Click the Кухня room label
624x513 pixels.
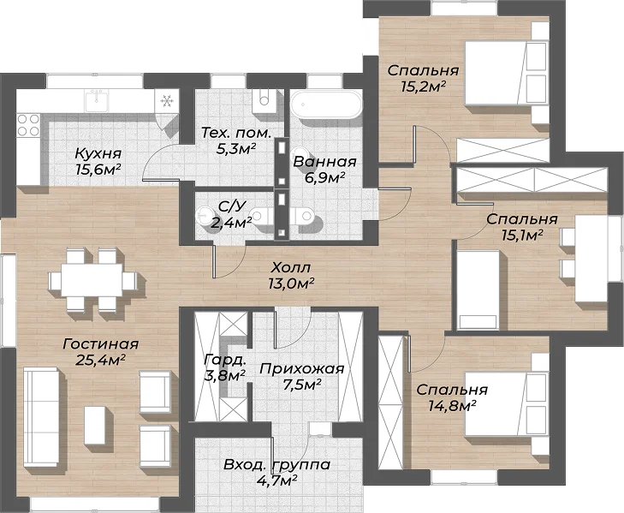(98, 153)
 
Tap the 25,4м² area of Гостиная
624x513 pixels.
(100, 360)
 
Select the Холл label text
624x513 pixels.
(291, 268)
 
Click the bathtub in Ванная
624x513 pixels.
(326, 104)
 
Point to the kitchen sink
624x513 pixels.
(96, 100)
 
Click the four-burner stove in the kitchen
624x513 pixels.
(28, 125)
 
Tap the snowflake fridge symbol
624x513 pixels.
(166, 102)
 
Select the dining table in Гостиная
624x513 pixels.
(92, 279)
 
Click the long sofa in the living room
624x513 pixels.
(41, 417)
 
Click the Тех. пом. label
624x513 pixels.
(236, 133)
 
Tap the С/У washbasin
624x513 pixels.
(203, 215)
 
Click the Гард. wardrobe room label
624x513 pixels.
(224, 361)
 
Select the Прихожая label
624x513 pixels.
(301, 369)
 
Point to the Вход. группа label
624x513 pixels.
(276, 465)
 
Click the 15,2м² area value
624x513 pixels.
(423, 86)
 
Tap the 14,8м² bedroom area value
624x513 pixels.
(453, 406)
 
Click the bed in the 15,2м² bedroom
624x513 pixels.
(506, 74)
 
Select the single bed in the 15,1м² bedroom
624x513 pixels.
(478, 289)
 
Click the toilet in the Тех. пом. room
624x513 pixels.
(264, 99)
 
